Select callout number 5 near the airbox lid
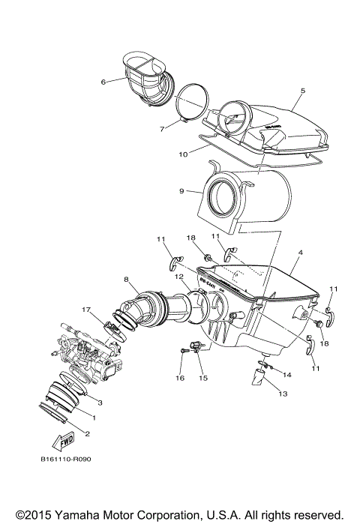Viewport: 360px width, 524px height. pos(302,91)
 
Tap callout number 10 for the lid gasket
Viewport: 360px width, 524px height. pos(182,154)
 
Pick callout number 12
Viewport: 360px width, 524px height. pos(178,277)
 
